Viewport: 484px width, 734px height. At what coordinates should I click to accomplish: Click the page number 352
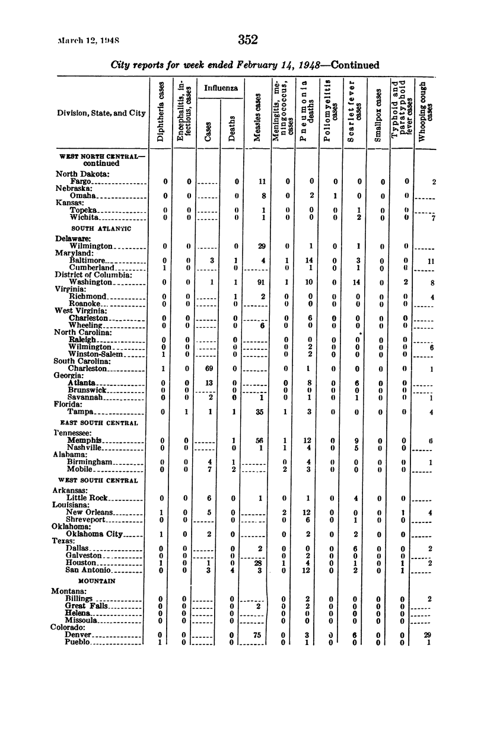point(248,40)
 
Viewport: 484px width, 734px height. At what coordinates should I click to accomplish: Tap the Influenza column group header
point(221,88)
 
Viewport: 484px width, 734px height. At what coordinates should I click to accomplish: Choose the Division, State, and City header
point(100,113)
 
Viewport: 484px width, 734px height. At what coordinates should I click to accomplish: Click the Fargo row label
point(81,181)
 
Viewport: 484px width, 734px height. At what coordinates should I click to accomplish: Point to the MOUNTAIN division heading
point(96,582)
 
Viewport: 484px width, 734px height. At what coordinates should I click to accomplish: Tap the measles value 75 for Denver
point(257,635)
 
